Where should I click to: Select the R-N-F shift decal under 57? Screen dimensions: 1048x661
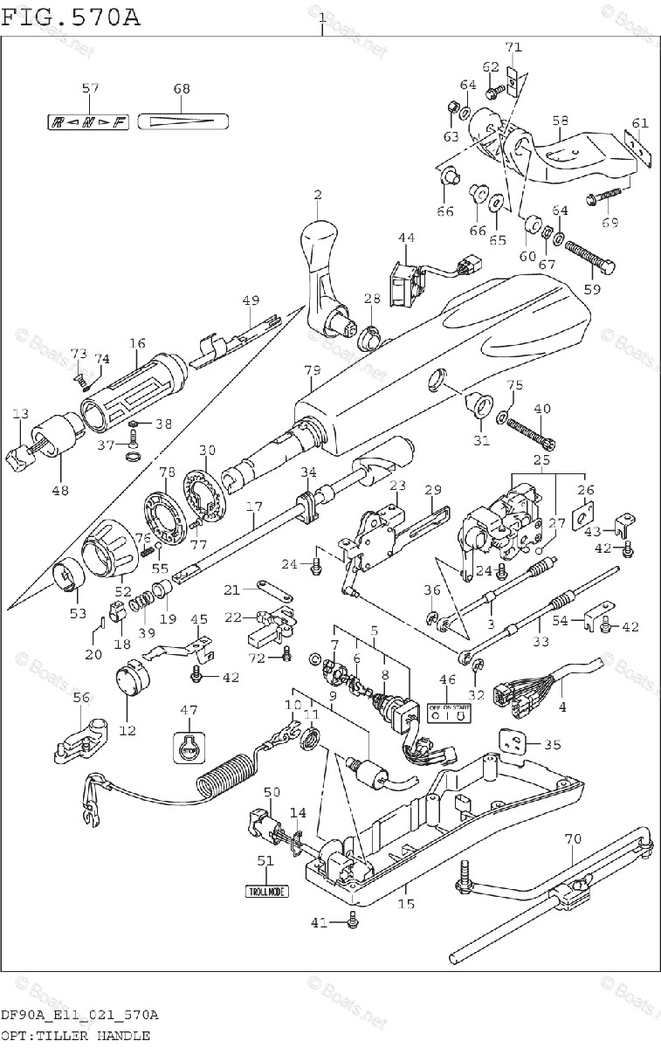coord(87,121)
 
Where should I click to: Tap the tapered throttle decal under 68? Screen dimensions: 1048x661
coord(182,121)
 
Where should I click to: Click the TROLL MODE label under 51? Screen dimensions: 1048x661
coord(265,892)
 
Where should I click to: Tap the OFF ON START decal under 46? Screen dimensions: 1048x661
coord(449,712)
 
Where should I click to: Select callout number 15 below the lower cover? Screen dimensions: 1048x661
coord(406,905)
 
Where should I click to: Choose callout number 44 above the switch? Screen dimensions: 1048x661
coord(407,238)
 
